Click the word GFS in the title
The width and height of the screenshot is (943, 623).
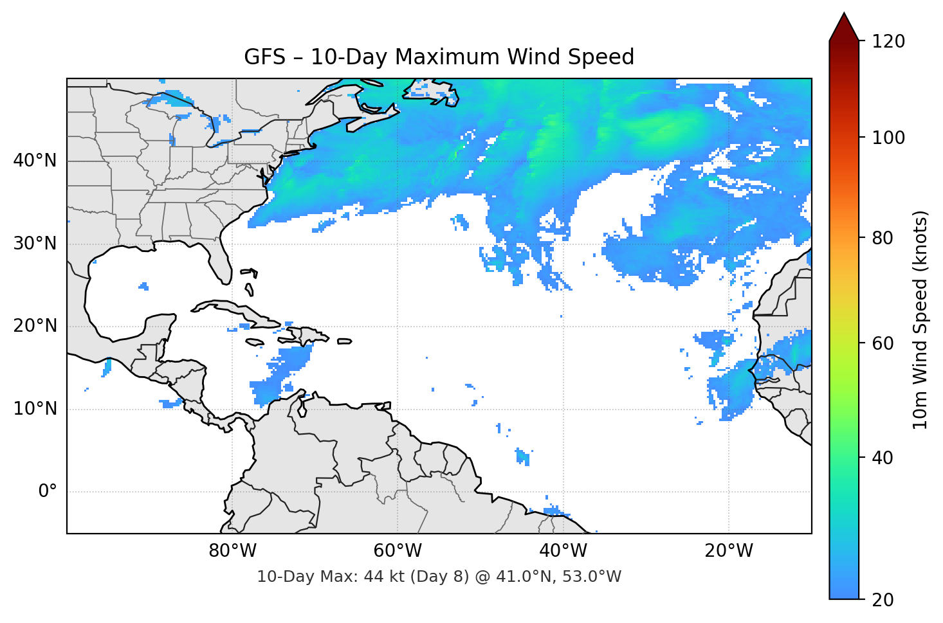click(264, 57)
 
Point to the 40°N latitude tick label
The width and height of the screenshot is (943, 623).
click(35, 161)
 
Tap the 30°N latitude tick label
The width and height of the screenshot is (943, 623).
click(35, 244)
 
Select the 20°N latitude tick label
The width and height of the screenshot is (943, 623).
click(35, 326)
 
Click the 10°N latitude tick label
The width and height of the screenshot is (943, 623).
click(35, 409)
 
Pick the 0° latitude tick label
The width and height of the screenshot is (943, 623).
click(48, 492)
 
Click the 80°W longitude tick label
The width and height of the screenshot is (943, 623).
click(232, 551)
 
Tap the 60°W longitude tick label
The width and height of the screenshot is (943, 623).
click(398, 551)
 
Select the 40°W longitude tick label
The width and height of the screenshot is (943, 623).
click(563, 551)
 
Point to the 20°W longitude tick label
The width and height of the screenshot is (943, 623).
click(728, 551)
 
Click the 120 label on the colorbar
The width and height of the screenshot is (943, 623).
click(888, 42)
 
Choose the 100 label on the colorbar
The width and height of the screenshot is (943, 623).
click(888, 138)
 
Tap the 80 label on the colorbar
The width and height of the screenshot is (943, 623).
click(883, 238)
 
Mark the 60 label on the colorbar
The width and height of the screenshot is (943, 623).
click(883, 343)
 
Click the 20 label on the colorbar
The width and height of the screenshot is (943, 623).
click(883, 600)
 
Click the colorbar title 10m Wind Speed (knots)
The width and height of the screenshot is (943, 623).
click(920, 320)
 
